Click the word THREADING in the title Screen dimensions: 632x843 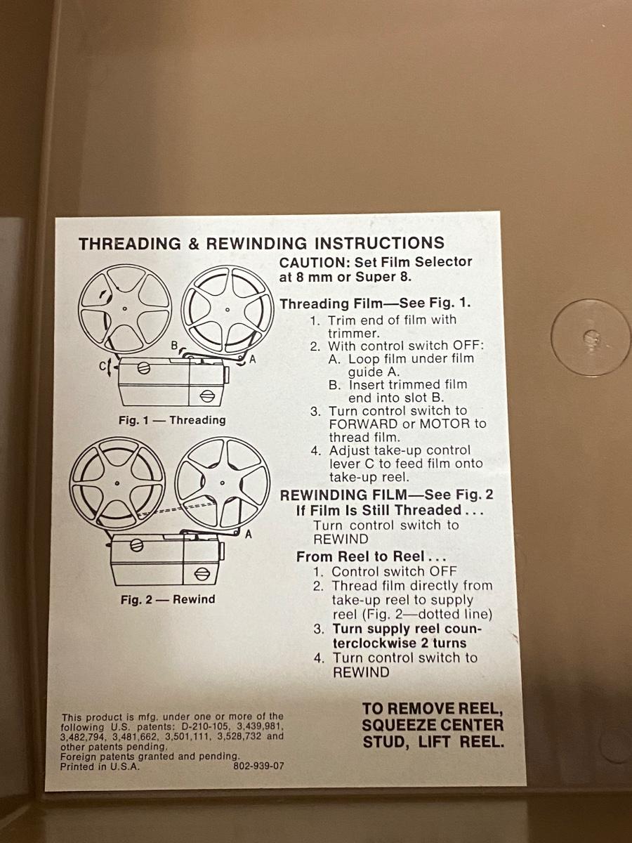coord(130,244)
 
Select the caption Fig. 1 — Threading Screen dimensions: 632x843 coord(172,420)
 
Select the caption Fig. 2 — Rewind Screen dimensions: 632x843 coord(168,599)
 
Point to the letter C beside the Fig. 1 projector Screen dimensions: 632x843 coord(103,366)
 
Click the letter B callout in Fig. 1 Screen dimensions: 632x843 coord(175,345)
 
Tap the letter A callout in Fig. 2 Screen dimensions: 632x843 coord(249,534)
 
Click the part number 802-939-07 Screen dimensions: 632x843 coord(258,766)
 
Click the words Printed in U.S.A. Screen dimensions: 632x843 coord(100,766)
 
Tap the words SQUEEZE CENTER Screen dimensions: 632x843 coord(433,725)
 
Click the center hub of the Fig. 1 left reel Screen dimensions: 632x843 coord(125,308)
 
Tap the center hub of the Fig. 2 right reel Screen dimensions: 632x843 coord(223,483)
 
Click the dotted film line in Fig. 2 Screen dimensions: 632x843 coord(177,509)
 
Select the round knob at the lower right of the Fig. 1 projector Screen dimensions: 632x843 coord(207,396)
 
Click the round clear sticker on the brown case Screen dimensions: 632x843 coord(590,337)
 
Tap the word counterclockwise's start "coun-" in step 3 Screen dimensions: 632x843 coord(463,629)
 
